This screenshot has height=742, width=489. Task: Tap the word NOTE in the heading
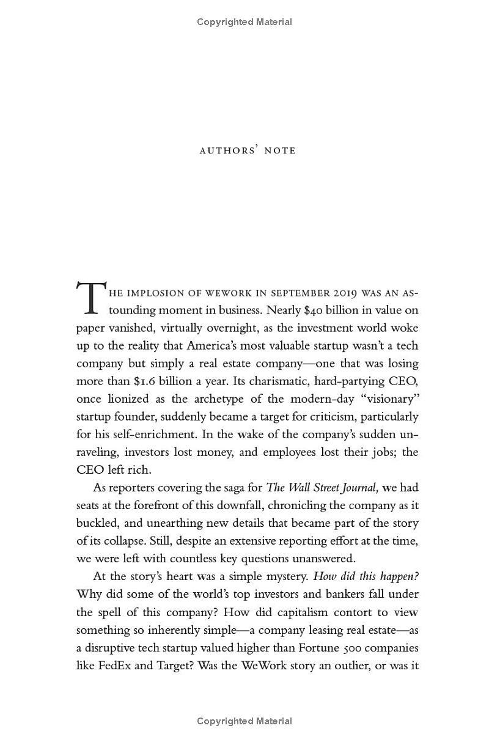(280, 150)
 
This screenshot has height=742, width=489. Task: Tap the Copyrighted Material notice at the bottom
(244, 721)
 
